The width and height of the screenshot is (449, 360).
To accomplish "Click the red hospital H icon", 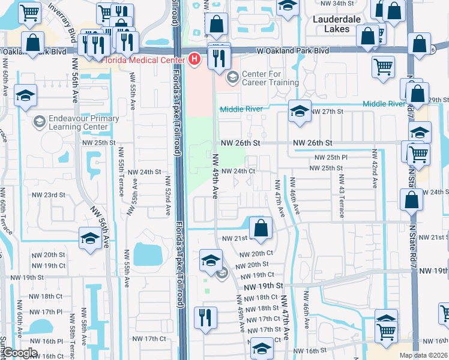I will point(194,59).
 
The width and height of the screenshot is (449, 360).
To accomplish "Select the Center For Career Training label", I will point(270,78).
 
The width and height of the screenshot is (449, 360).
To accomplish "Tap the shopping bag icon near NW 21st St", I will point(260,227).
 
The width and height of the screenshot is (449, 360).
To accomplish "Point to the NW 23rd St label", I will point(48,195).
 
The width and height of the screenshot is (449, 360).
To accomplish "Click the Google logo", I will point(20,352).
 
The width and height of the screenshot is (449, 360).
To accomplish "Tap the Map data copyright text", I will point(424,355).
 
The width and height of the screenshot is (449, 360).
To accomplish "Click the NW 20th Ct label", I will point(256,254).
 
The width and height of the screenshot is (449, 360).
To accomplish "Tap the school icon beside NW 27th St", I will point(299,110).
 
